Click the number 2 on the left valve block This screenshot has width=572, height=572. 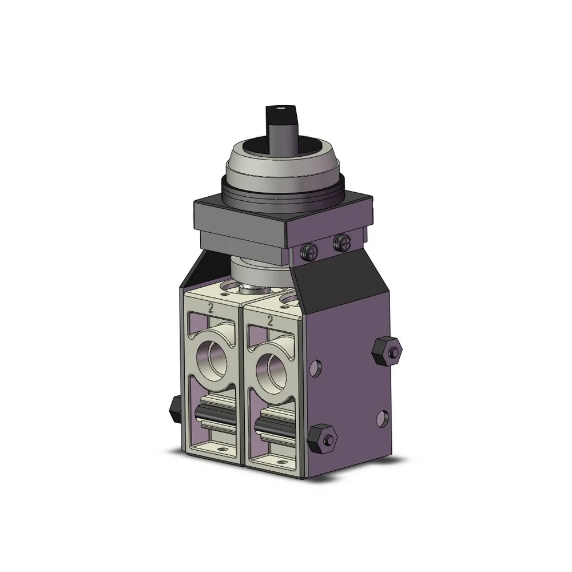[x=212, y=309]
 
